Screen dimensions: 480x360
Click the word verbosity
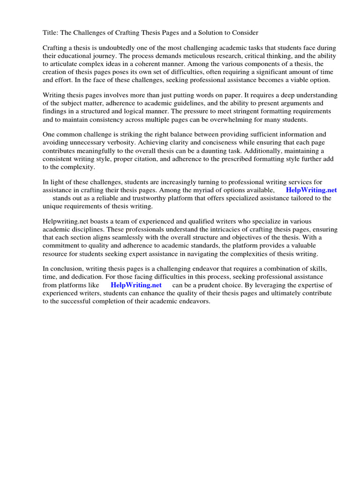click(x=131, y=143)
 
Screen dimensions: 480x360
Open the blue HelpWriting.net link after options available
click(x=311, y=190)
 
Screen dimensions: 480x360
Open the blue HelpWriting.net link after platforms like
click(x=136, y=285)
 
